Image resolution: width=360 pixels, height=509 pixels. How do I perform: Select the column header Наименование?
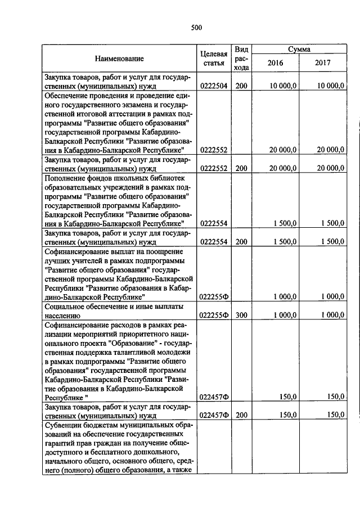[119, 58]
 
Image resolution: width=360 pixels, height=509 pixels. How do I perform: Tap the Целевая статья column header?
[213, 58]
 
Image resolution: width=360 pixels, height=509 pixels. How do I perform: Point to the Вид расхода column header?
[241, 58]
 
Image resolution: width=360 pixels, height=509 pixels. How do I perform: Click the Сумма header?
[300, 49]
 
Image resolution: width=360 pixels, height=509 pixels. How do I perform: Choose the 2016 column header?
[276, 63]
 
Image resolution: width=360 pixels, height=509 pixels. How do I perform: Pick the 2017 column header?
[324, 63]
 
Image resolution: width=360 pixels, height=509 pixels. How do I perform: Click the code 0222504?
[213, 86]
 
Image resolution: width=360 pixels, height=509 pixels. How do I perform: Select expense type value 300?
[241, 316]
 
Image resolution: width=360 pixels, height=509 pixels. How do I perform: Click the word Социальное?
[67, 307]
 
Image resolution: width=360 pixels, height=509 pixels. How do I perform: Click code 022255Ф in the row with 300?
[213, 316]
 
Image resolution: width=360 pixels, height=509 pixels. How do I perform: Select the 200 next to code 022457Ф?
[241, 416]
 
